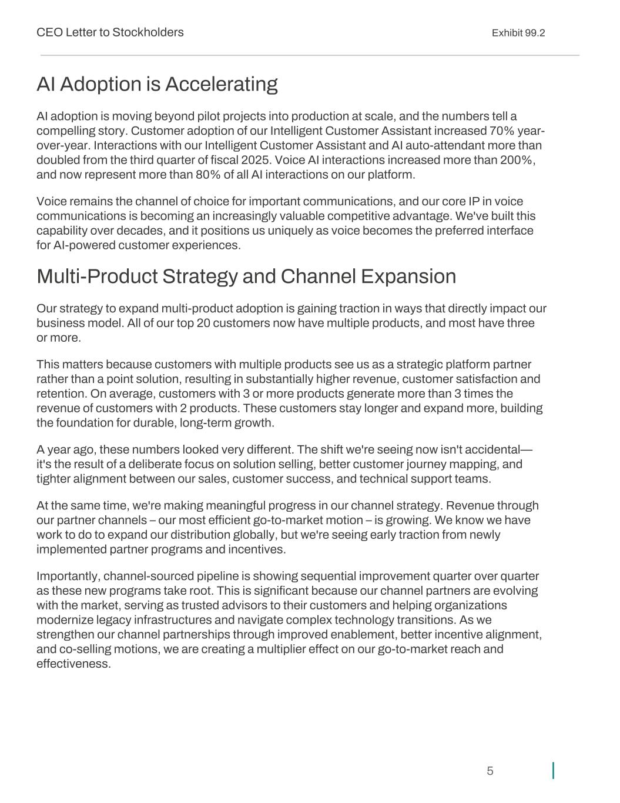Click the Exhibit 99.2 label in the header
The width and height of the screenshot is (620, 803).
click(518, 33)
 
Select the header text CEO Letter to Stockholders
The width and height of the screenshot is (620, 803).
click(110, 32)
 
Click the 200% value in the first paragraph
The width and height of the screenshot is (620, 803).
click(517, 160)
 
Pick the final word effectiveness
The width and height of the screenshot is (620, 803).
click(73, 664)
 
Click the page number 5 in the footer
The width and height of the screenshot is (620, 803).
click(490, 771)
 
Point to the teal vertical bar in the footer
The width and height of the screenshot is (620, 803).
click(553, 771)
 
